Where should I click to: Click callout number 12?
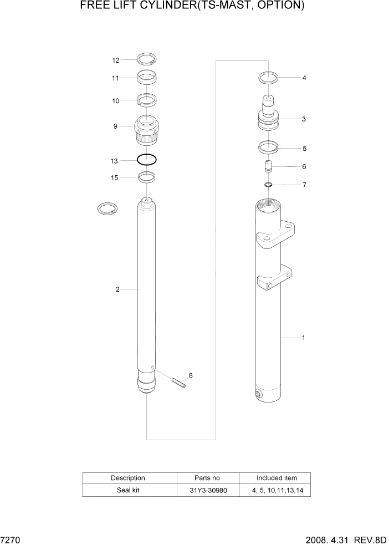[x=115, y=60]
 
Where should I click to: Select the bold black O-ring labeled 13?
[x=147, y=160]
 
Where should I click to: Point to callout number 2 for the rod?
[x=117, y=289]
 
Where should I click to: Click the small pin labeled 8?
[x=178, y=383]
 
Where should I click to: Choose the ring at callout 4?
[x=269, y=78]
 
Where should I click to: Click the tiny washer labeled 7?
[x=268, y=184]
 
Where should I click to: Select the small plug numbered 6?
[x=268, y=166]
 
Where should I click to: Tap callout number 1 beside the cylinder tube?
[x=303, y=337]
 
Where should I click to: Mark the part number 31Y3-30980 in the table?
[x=208, y=490]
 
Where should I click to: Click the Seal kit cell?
[x=128, y=490]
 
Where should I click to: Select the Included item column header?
[x=277, y=477]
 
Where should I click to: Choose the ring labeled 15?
[x=147, y=177]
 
